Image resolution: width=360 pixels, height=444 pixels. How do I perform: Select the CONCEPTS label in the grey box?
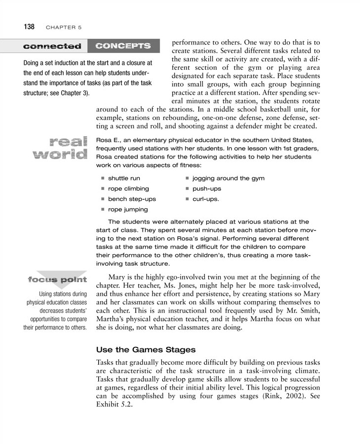coord(123,46)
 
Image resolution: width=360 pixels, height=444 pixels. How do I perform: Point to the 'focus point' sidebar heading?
coord(58,280)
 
